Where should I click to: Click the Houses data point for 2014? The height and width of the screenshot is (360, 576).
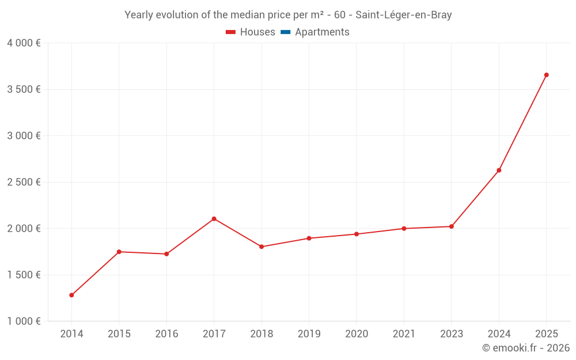(x=71, y=295)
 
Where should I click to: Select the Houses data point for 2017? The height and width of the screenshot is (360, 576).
(x=214, y=219)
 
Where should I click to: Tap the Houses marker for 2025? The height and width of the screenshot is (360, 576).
(x=546, y=75)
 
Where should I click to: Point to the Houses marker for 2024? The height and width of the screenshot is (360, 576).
(x=499, y=170)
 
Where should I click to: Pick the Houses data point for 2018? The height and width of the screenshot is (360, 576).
(x=262, y=247)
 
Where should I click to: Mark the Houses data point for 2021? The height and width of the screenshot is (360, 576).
(x=404, y=229)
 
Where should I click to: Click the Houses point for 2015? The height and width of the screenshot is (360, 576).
(x=119, y=252)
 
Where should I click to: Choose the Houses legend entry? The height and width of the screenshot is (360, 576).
(x=251, y=32)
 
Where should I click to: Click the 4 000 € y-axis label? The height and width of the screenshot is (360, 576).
(x=24, y=43)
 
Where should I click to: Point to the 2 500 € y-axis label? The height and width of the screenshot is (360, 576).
(x=24, y=182)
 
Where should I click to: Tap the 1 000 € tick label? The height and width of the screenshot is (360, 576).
(x=24, y=321)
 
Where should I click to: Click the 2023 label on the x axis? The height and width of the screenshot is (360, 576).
(x=451, y=334)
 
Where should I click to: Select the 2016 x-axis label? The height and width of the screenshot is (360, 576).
(x=166, y=334)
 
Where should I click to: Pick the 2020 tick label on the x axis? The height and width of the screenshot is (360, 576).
(x=356, y=334)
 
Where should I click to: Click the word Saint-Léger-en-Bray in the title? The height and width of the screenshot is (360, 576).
(x=403, y=15)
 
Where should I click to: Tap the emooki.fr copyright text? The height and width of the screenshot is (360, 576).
(x=526, y=348)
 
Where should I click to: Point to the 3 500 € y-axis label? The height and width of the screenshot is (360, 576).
(x=24, y=89)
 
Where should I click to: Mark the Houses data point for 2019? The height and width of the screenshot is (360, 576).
(x=309, y=238)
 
